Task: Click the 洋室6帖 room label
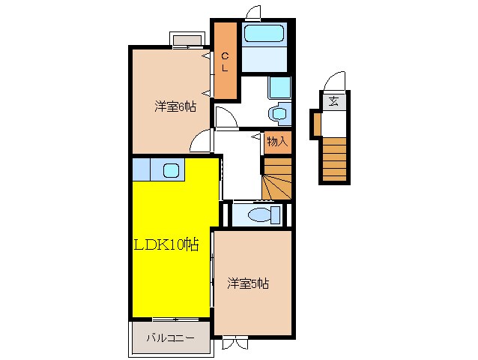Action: point(175,106)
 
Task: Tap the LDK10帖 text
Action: point(166,244)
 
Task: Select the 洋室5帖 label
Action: point(248,283)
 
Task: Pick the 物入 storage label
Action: point(277,141)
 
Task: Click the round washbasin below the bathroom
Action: point(277,114)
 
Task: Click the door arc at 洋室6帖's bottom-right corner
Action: point(201,141)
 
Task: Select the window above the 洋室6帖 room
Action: point(187,40)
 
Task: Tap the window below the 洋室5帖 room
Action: point(234,342)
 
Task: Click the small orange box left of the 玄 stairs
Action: point(317,124)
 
